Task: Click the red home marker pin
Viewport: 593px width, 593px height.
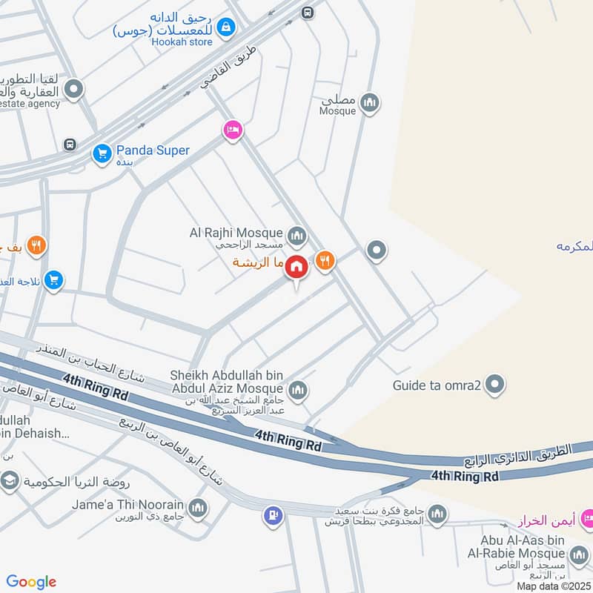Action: point(296,267)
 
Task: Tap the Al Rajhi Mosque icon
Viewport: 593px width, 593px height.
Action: point(297,236)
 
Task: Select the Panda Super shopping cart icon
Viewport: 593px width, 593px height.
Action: point(102,153)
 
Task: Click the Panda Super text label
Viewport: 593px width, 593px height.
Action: point(152,150)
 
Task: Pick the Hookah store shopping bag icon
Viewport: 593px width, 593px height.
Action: point(226,28)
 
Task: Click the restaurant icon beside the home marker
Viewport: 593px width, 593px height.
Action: point(325,260)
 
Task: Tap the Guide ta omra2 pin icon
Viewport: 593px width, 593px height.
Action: point(497,384)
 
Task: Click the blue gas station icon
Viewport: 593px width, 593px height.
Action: point(273,513)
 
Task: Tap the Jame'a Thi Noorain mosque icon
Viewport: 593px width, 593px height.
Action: point(197,507)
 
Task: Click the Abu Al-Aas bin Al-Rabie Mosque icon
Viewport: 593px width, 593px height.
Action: point(579,554)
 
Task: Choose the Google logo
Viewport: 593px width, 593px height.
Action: point(31,582)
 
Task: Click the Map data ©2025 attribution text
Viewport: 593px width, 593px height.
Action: point(553,586)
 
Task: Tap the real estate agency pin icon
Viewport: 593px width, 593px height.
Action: point(73,91)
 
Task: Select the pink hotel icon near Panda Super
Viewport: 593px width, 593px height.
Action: point(233,130)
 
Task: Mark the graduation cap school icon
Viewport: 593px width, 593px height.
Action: point(10,483)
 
